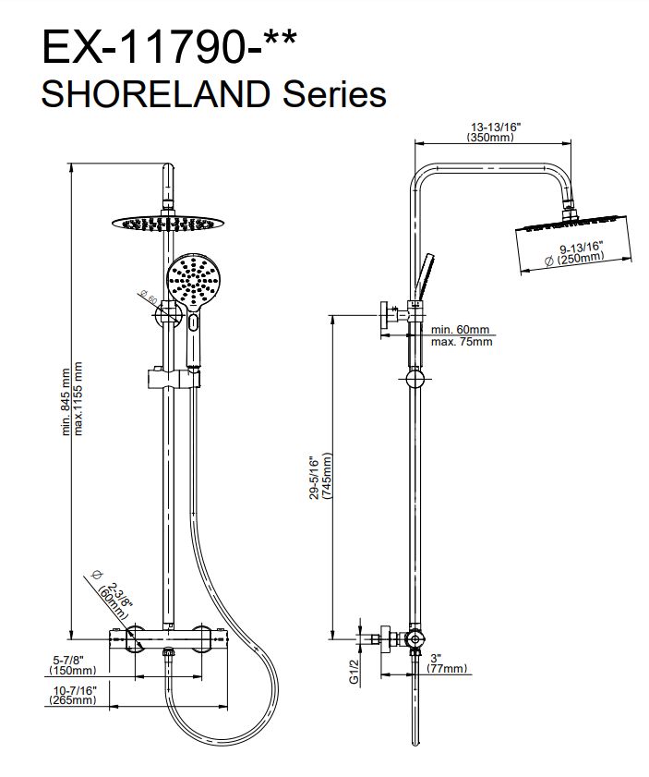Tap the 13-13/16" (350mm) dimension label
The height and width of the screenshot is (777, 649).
coord(493,132)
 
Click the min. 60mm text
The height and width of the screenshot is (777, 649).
coord(460,330)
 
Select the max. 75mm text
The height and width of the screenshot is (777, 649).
coord(462,342)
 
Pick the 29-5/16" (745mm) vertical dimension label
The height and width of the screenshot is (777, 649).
coord(319,478)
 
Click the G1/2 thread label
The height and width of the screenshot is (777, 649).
coord(354,671)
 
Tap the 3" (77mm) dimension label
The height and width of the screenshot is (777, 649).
coord(447,664)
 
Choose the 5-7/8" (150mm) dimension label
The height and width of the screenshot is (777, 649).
coord(73,665)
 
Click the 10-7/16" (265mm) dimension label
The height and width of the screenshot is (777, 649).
coord(73,695)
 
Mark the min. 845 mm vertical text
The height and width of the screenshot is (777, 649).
coord(66,402)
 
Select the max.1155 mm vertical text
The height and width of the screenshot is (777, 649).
coord(78,398)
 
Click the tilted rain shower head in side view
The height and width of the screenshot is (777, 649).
coord(572,244)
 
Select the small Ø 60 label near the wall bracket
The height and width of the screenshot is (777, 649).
coord(149,297)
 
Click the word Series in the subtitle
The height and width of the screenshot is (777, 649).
coord(334,94)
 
